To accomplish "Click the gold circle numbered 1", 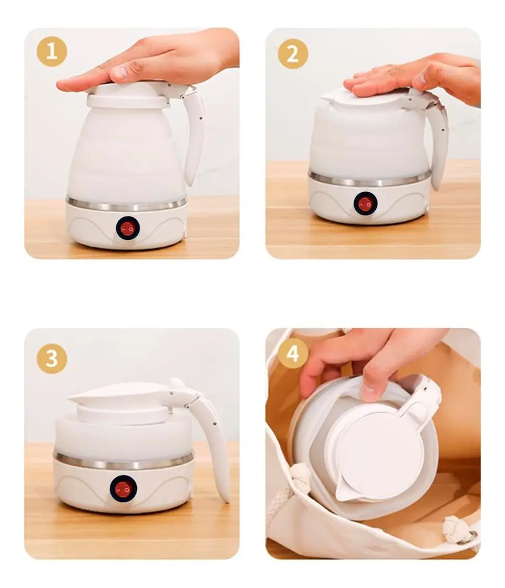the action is click(x=52, y=51).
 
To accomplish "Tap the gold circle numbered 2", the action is click(x=293, y=54).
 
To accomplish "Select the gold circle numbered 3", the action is click(x=52, y=358).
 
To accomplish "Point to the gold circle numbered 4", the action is click(x=293, y=353).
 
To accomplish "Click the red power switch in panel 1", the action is click(x=128, y=227).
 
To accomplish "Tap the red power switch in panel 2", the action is click(x=365, y=204).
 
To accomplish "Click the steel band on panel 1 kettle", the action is click(x=127, y=204).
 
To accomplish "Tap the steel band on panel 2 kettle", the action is click(x=370, y=179).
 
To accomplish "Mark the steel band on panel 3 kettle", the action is click(x=124, y=462).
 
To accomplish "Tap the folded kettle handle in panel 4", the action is click(x=420, y=401).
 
